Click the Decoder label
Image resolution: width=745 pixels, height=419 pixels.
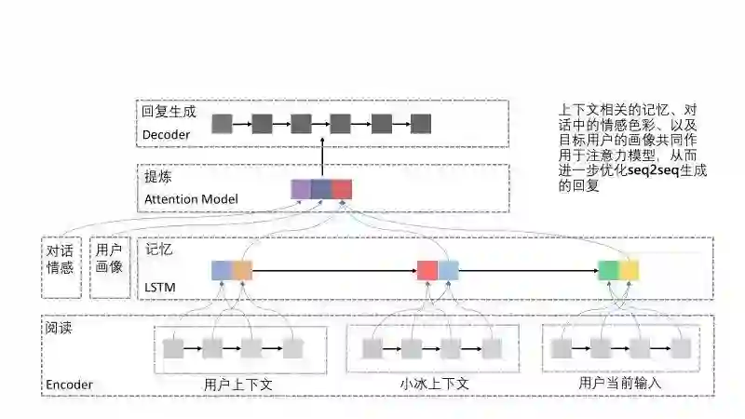click(x=167, y=135)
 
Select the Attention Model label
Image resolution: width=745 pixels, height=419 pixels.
click(x=191, y=199)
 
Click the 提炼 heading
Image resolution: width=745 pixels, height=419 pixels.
click(x=156, y=177)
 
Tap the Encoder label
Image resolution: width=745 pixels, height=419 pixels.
click(x=69, y=385)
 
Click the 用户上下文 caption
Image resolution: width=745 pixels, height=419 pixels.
click(x=237, y=383)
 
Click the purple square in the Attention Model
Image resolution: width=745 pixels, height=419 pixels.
click(x=301, y=190)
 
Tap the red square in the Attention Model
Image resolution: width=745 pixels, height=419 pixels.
click(x=342, y=190)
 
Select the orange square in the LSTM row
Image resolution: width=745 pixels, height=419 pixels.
click(x=242, y=271)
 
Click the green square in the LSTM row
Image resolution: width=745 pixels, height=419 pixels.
click(x=608, y=271)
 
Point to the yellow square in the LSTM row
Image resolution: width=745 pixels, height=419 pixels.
click(x=630, y=271)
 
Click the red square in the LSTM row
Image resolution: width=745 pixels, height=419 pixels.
click(x=427, y=271)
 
